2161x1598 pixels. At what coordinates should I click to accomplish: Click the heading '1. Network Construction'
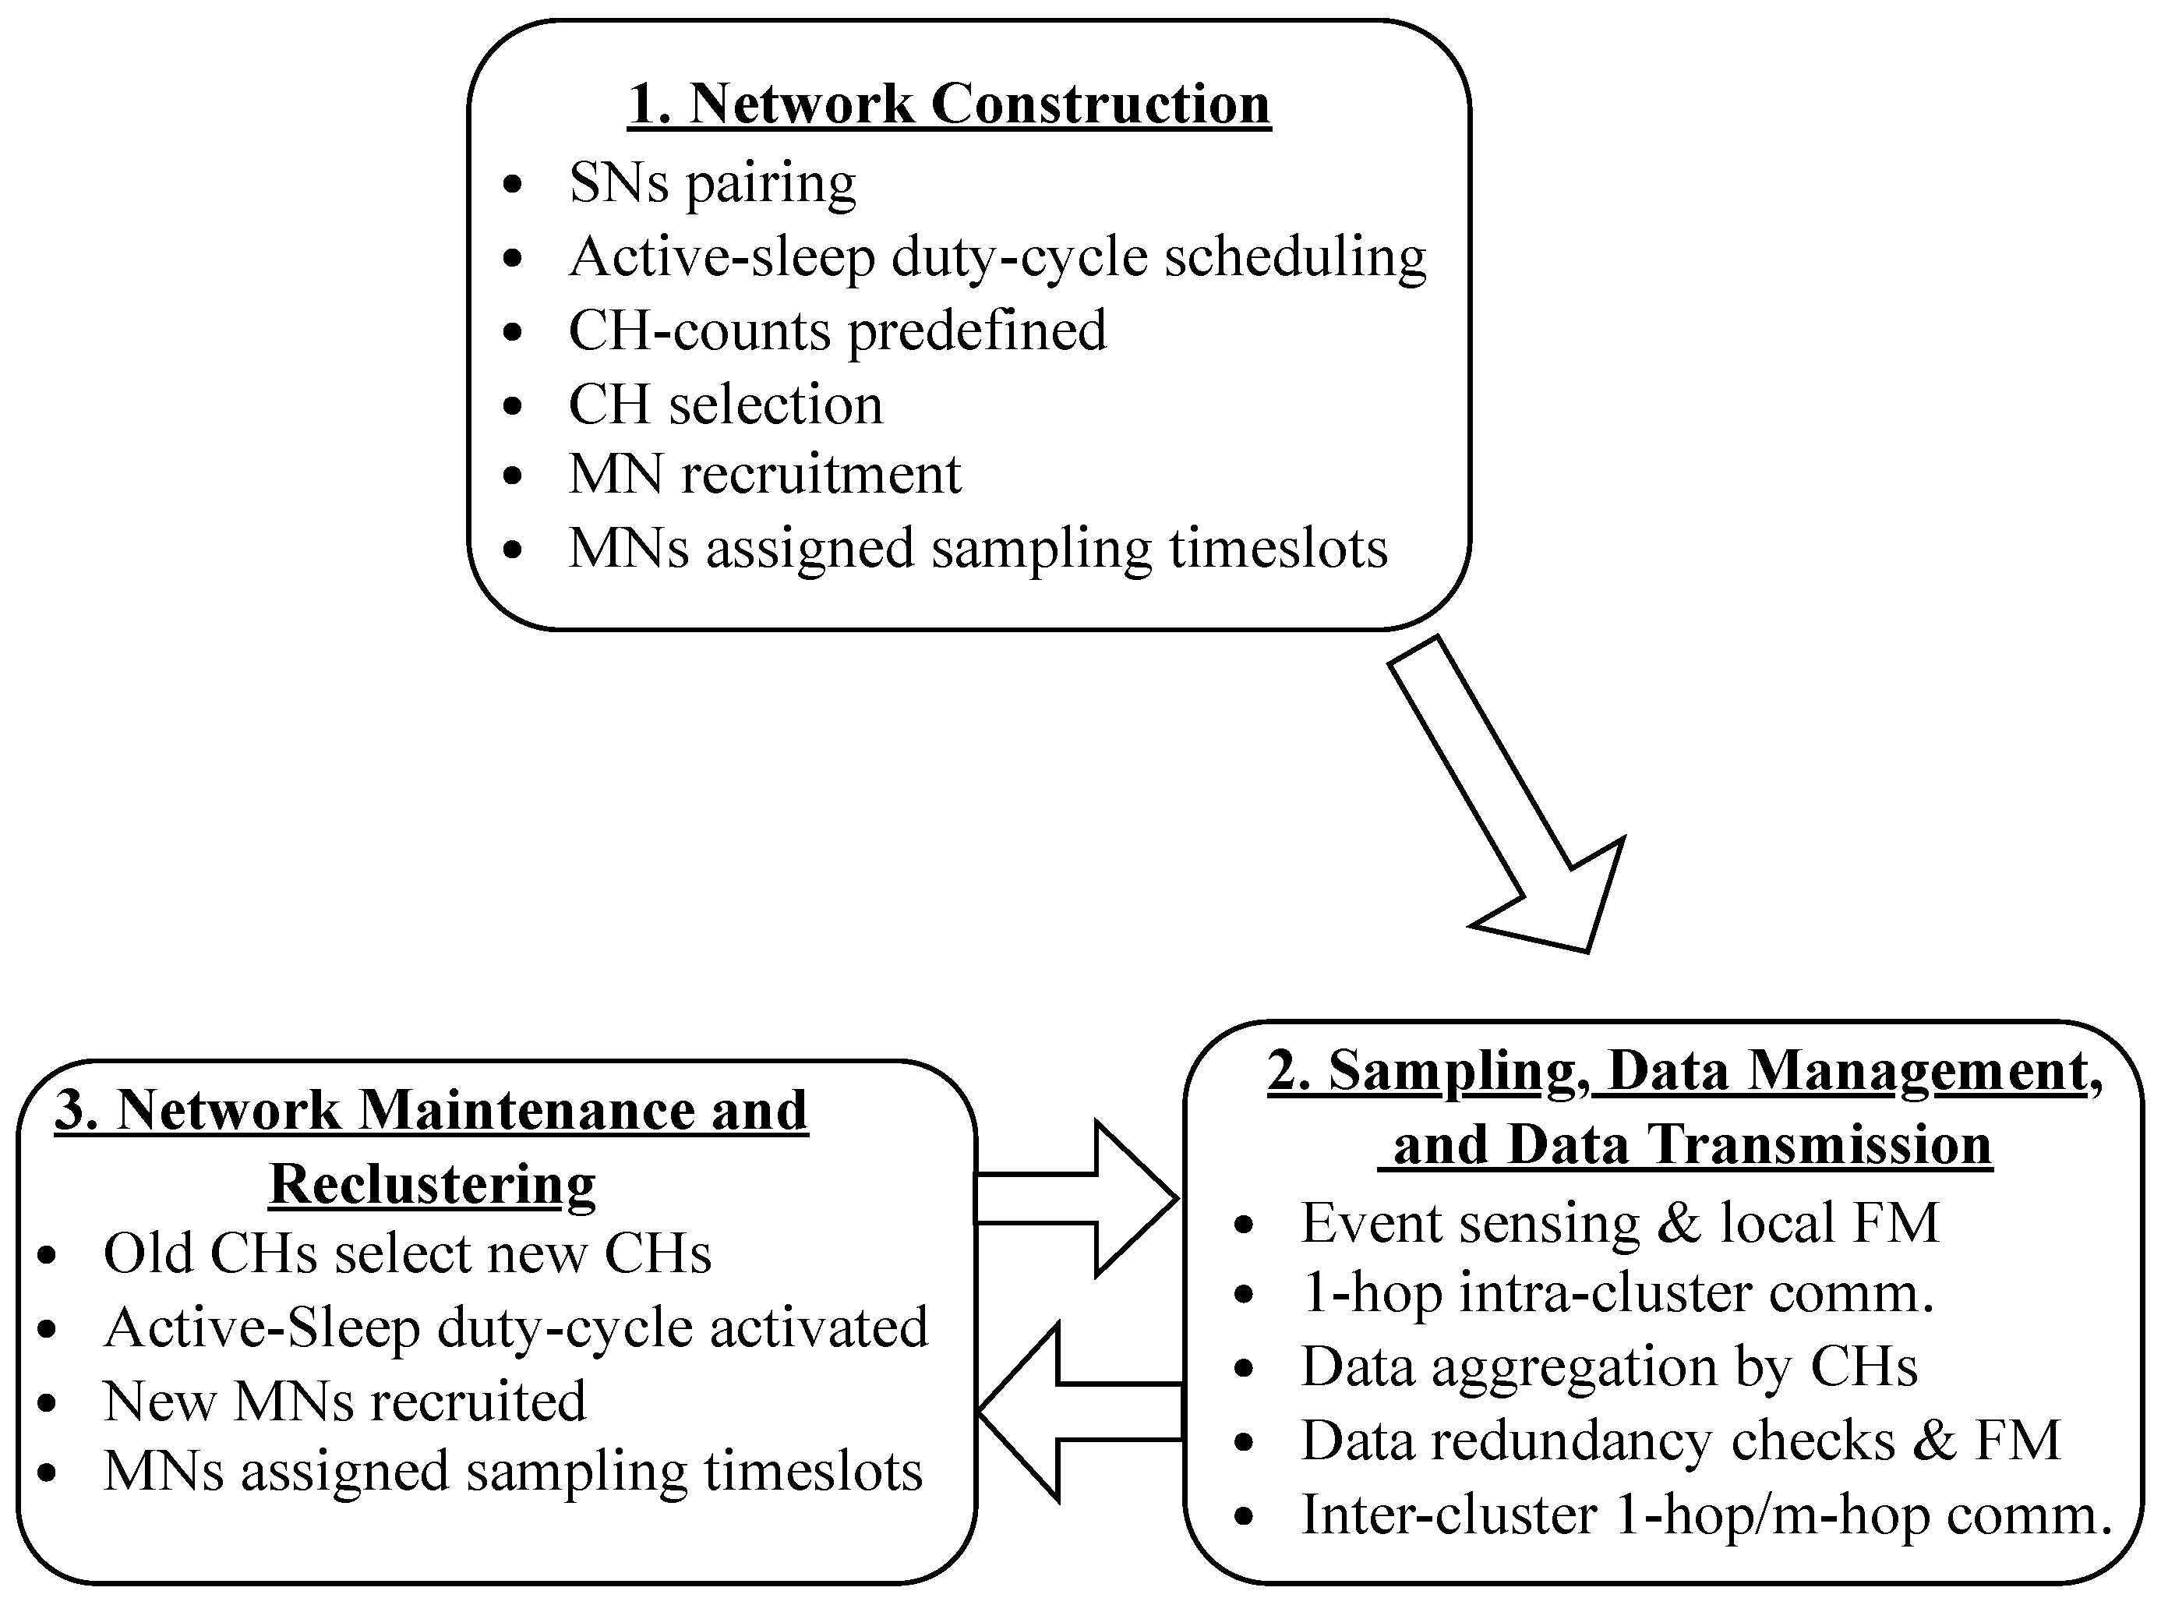949,104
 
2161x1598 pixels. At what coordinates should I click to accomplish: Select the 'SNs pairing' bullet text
712,183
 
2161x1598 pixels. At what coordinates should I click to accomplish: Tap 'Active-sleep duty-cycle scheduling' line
997,257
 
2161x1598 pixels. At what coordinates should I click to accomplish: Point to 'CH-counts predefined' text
837,331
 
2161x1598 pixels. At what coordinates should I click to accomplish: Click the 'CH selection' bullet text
726,405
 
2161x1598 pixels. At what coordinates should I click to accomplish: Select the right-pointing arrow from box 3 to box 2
1078,1199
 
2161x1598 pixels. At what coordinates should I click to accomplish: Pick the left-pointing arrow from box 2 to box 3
1078,1412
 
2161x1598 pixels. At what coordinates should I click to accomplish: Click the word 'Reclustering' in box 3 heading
433,1183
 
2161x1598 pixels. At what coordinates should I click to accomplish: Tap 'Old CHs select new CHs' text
407,1253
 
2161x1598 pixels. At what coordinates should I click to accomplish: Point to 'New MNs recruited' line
344,1401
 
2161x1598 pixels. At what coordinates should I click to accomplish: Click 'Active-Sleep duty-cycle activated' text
515,1328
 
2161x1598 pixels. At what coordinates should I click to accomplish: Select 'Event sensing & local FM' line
1619,1223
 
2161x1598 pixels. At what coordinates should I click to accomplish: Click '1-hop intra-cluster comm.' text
1616,1293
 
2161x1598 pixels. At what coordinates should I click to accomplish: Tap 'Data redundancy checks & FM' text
1680,1441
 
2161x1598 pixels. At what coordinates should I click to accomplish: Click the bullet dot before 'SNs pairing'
514,184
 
